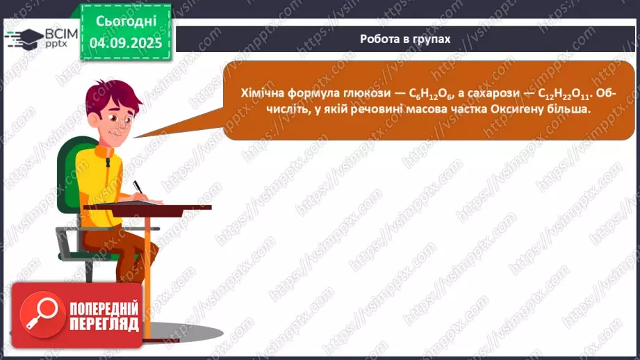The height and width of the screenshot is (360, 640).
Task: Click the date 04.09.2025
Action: coord(125,42)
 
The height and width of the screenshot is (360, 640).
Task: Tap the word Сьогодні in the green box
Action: coord(125,22)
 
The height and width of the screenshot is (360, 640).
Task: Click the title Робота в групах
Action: coord(405,39)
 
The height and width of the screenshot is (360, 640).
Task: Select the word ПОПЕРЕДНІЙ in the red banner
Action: coord(104,309)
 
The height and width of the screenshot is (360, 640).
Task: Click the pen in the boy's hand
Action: coord(137,186)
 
